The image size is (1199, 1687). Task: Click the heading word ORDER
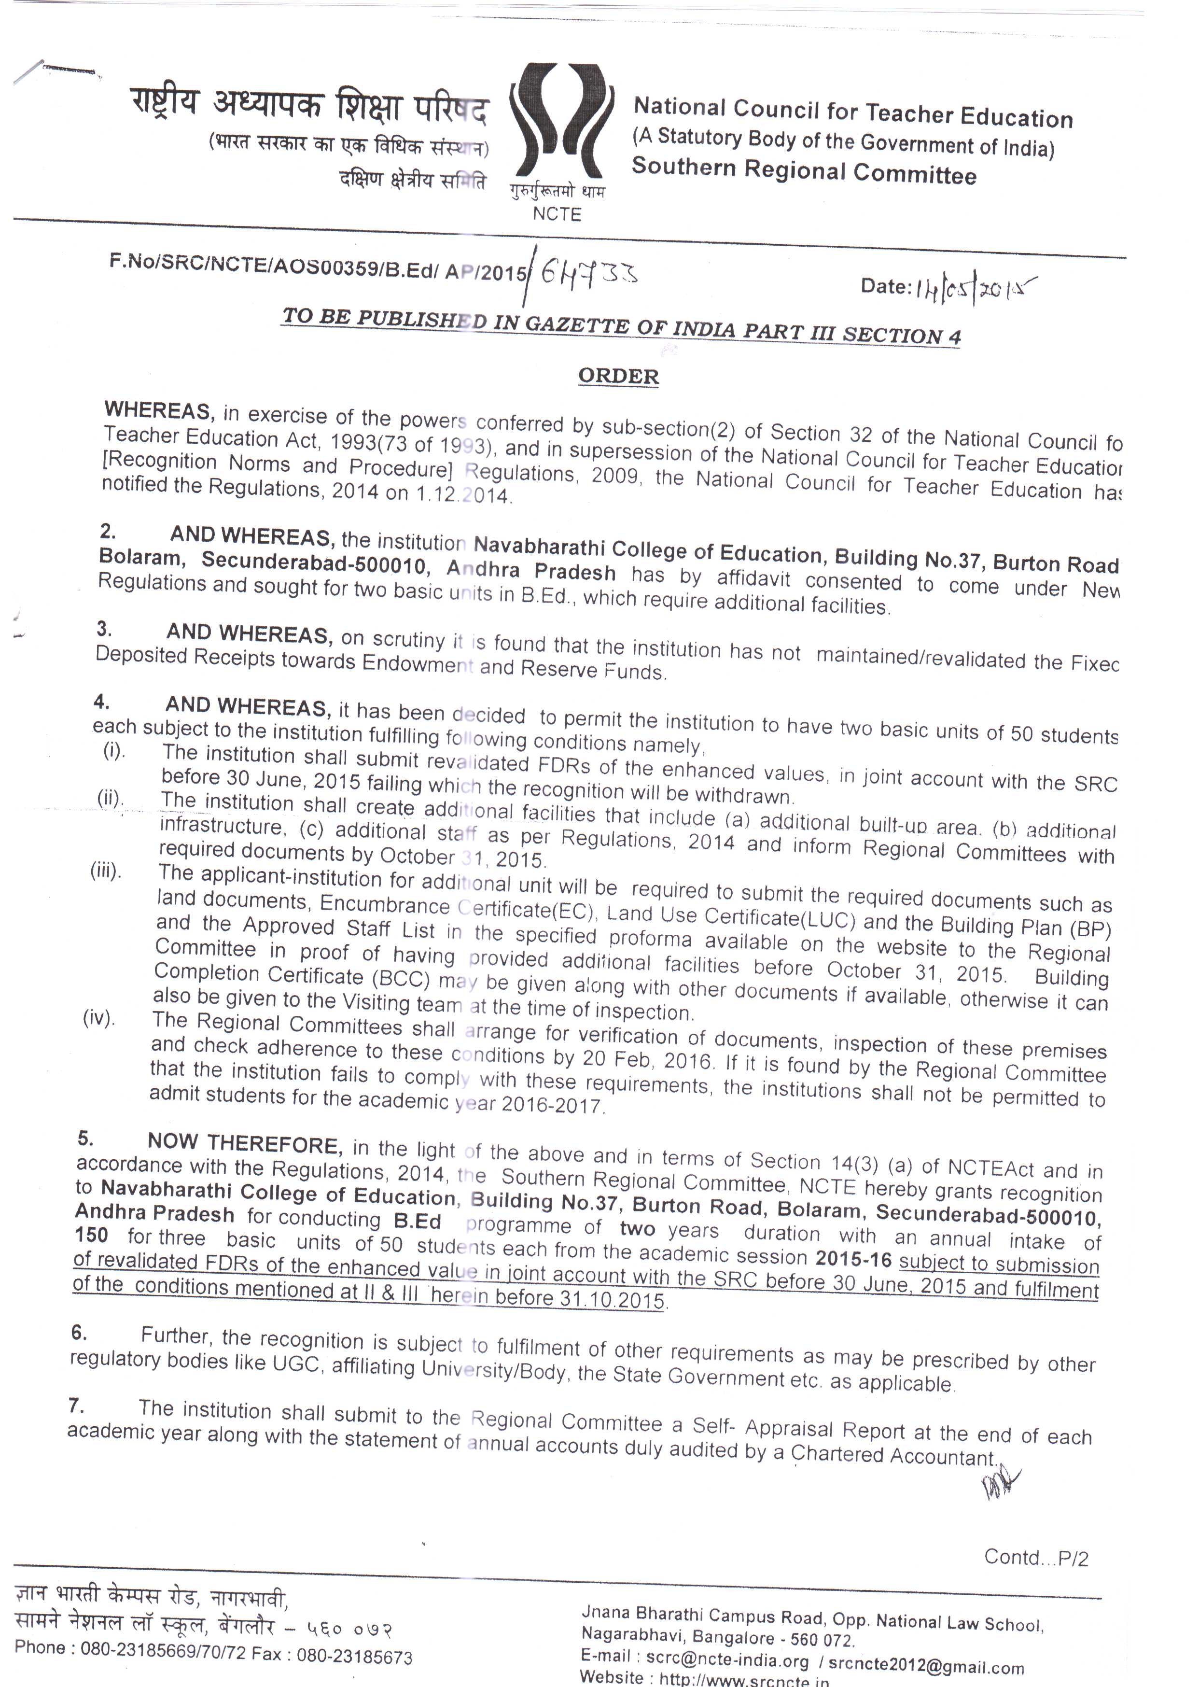click(x=618, y=376)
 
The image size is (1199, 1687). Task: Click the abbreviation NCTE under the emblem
click(x=557, y=214)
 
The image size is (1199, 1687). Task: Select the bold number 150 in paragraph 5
click(x=92, y=1235)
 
